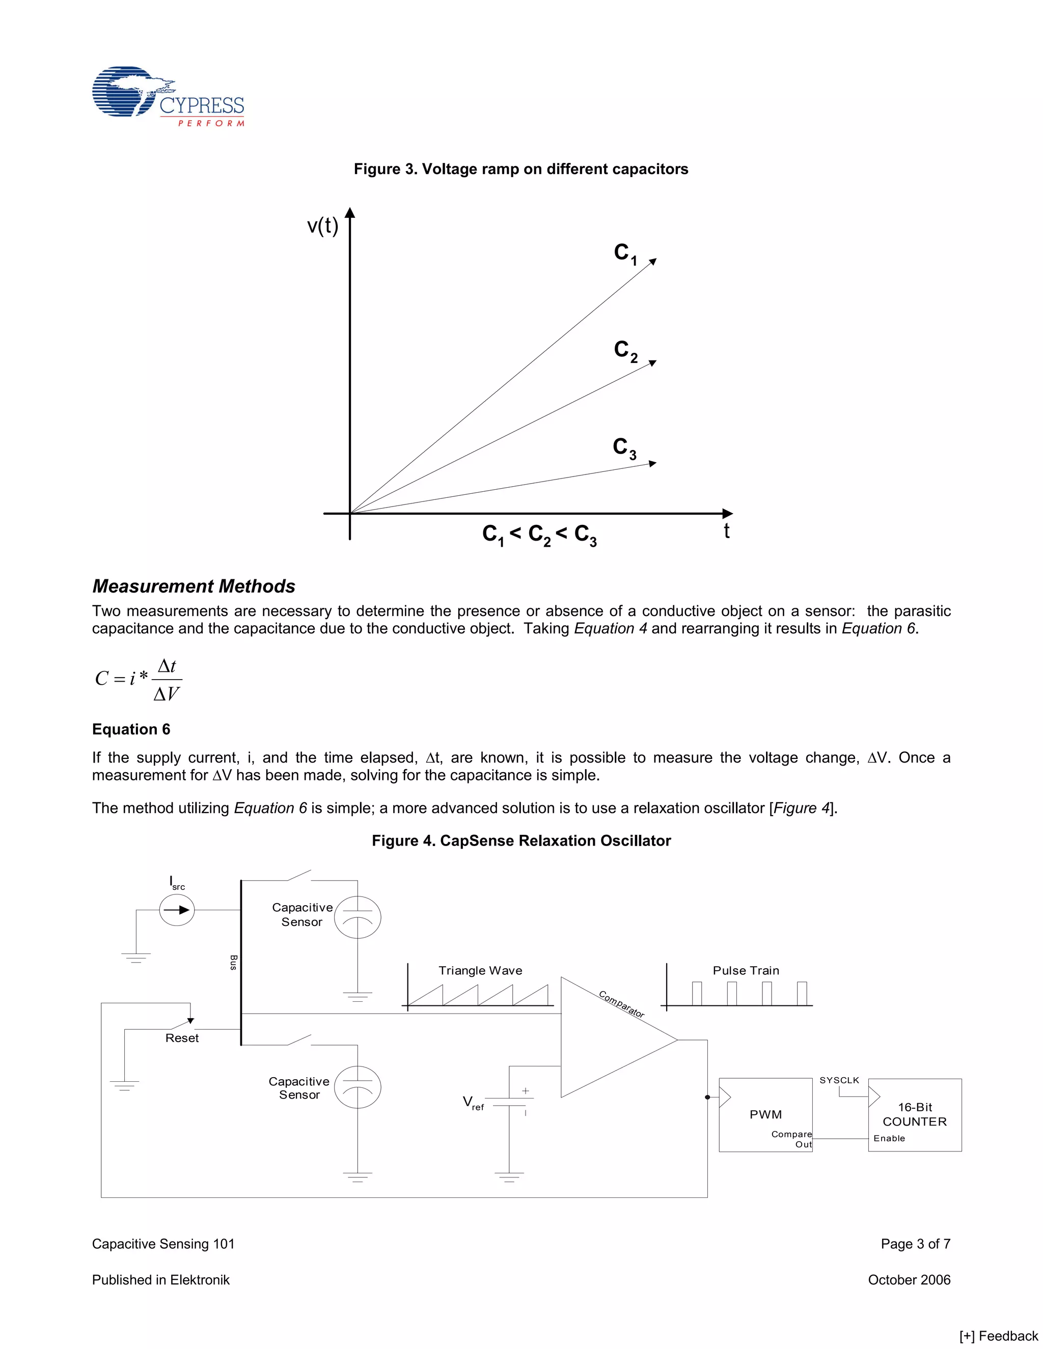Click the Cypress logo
tap(168, 96)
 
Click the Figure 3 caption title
tap(520, 169)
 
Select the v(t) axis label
tap(322, 226)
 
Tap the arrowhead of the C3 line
tap(652, 463)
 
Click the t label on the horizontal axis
tap(727, 530)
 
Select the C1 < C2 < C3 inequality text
tap(539, 535)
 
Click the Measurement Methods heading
tap(194, 585)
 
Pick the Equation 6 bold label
tap(131, 729)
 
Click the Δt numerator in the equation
tap(167, 666)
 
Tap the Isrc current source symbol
tap(177, 910)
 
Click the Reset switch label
tap(182, 1037)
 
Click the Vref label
tap(473, 1102)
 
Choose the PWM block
tap(765, 1114)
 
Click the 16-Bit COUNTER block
tap(915, 1114)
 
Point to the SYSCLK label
tap(838, 1080)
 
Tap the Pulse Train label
tap(746, 970)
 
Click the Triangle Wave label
tap(480, 970)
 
